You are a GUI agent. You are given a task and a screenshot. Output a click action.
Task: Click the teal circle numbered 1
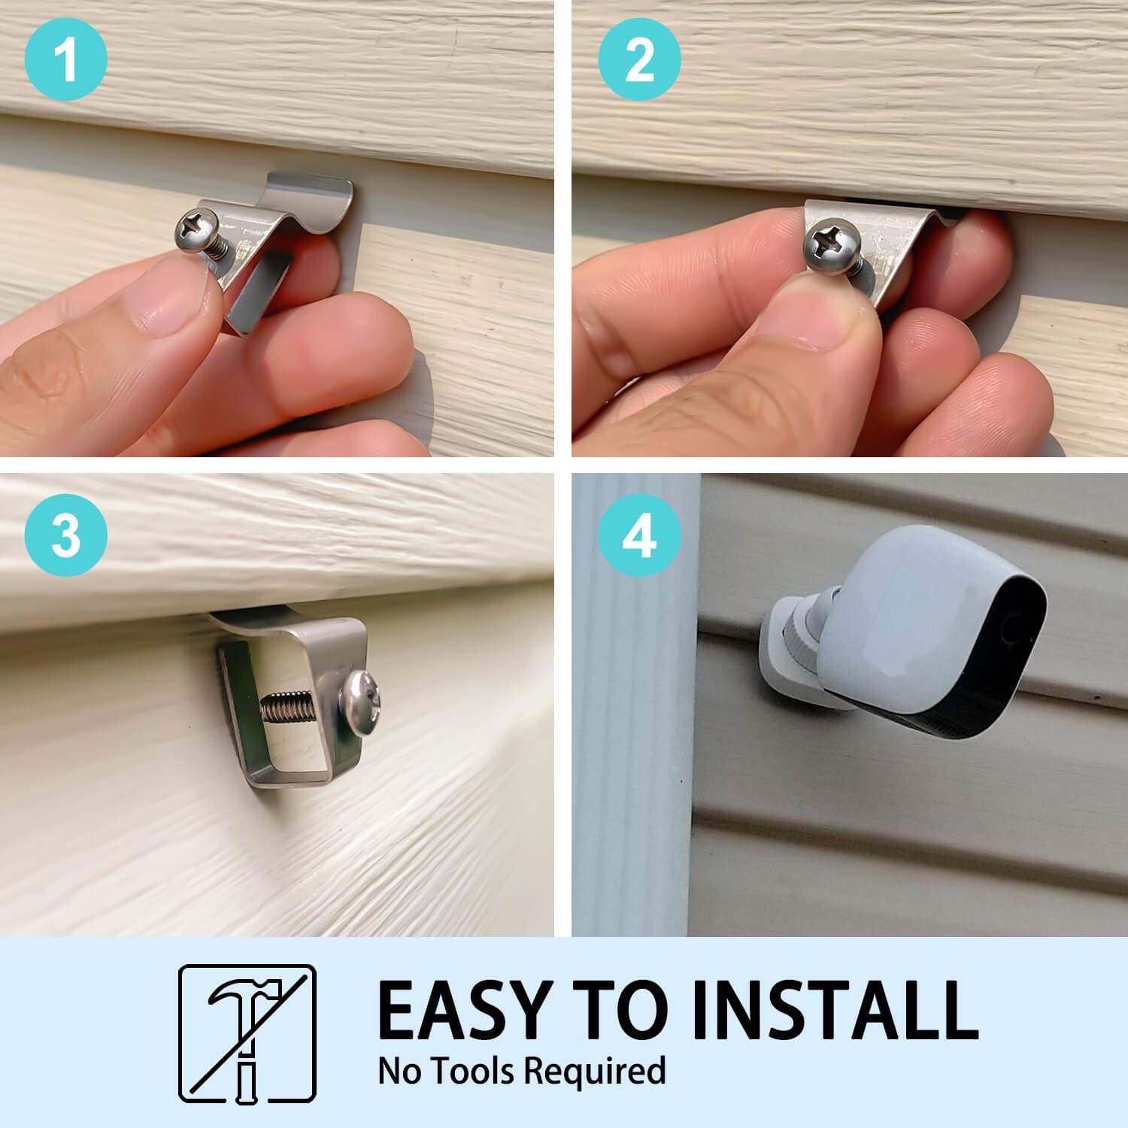(x=66, y=59)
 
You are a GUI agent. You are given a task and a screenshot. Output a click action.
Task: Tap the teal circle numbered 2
(x=639, y=59)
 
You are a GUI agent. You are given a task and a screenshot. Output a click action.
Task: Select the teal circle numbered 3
(x=66, y=535)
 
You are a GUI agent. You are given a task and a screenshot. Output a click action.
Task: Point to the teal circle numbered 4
(x=639, y=535)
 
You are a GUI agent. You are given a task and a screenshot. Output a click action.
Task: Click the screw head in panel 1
(x=197, y=226)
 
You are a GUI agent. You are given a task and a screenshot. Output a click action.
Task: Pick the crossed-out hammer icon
(x=247, y=1032)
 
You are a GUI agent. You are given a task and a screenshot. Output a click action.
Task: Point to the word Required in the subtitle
(x=594, y=1070)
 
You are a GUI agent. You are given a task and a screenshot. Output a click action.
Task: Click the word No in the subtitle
(x=399, y=1070)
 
